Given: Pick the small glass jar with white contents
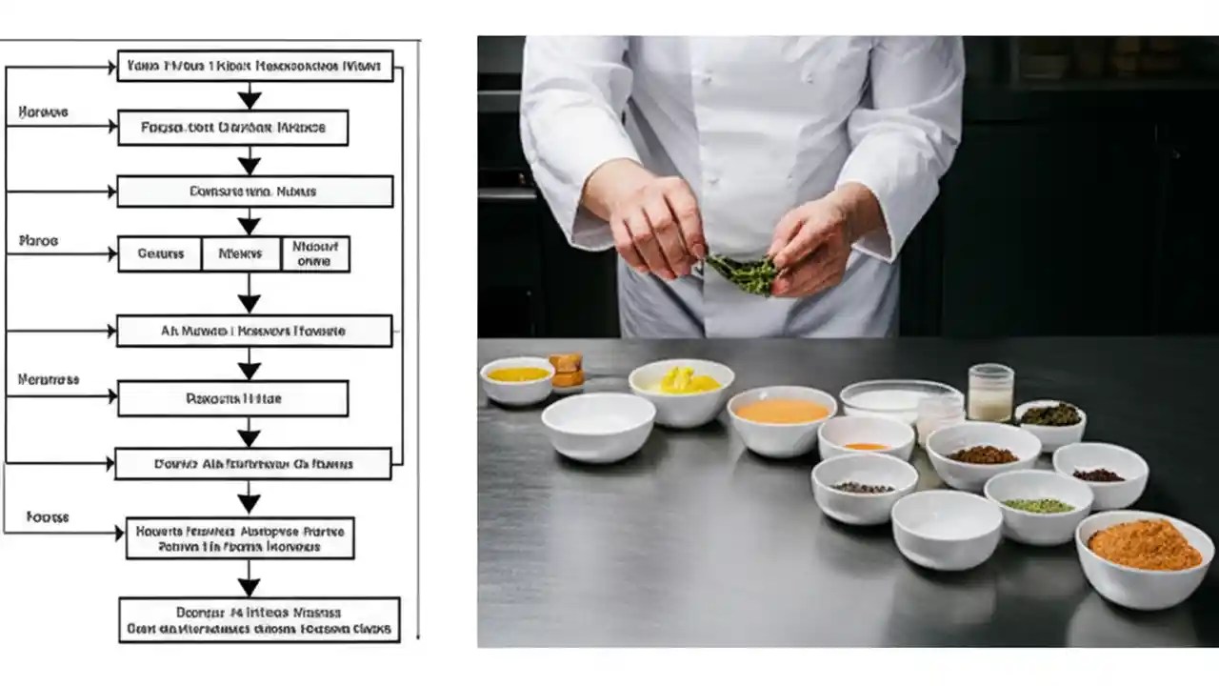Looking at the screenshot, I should pyautogui.click(x=990, y=392).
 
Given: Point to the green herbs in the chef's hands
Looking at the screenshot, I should pyautogui.click(x=742, y=273).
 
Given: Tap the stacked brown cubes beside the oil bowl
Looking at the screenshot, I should pyautogui.click(x=567, y=371).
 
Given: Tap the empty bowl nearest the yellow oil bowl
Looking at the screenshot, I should pyautogui.click(x=598, y=425).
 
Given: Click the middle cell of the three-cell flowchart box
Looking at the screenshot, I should pyautogui.click(x=240, y=254).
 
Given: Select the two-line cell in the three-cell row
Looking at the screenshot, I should pyautogui.click(x=315, y=254).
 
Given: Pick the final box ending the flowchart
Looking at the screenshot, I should pyautogui.click(x=258, y=620).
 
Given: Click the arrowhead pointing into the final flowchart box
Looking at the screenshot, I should pyautogui.click(x=249, y=586).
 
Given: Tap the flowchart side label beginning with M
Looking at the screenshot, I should pyautogui.click(x=49, y=379).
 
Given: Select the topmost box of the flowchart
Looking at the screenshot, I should pyautogui.click(x=255, y=67).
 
